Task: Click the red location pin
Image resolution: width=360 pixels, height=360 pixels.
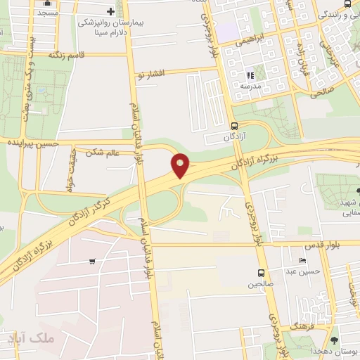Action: point(181,165)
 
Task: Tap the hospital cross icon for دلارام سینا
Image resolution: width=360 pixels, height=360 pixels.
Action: point(110,11)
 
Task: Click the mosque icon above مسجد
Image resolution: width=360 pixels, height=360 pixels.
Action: point(48,3)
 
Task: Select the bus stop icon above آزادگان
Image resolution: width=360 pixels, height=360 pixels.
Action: point(234,126)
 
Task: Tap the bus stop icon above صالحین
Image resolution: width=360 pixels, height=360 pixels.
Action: point(261,274)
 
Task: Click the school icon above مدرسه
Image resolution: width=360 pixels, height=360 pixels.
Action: point(249,75)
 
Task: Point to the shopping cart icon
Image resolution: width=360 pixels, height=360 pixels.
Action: point(92,262)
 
